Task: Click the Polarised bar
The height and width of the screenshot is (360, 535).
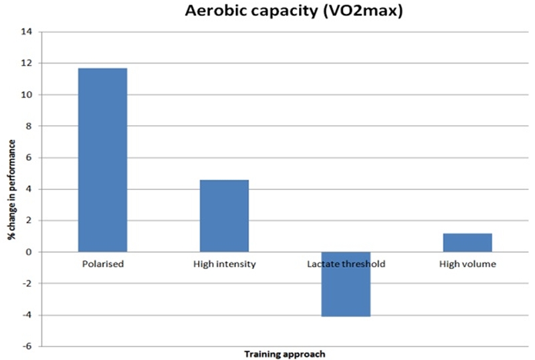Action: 102,160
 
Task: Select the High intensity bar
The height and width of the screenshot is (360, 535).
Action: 224,215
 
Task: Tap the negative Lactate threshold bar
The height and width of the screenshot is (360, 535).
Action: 346,284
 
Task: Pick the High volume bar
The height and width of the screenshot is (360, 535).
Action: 467,243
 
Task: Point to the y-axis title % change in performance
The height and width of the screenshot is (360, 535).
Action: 12,189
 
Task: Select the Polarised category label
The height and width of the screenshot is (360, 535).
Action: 102,264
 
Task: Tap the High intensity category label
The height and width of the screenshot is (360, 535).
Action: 224,264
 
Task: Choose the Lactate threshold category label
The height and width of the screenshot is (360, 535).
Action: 346,264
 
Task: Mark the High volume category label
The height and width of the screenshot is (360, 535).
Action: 467,264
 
